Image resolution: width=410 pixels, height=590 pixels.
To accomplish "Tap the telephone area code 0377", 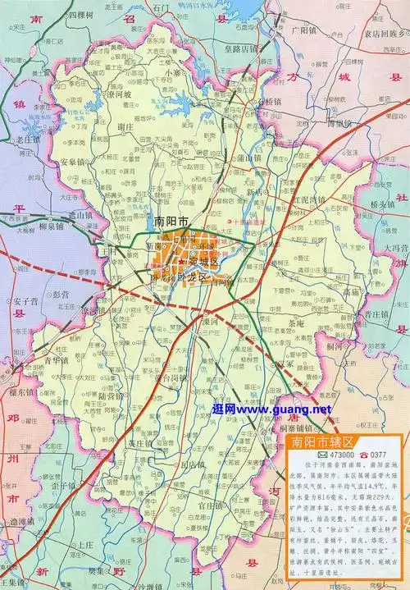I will pyautogui.click(x=380, y=456).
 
